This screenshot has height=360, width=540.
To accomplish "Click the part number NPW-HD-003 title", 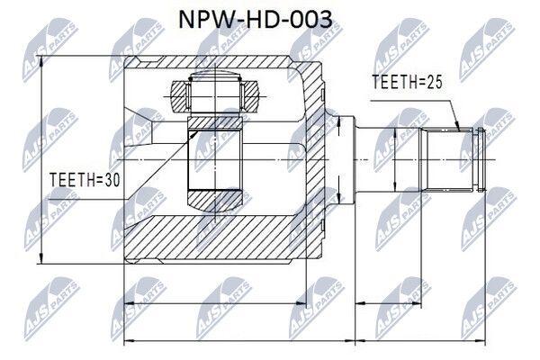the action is coord(256,19).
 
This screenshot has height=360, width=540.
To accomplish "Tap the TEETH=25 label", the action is coord(407,82).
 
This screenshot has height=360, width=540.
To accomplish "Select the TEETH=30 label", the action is coord(85,180).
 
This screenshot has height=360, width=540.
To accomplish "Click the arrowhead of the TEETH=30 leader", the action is coord(194,134).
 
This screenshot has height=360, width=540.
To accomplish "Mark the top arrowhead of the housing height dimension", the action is coord(41,61).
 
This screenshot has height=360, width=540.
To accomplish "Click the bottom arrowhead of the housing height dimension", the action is coord(41,258).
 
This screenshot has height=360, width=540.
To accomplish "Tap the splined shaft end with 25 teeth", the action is coord(448,160).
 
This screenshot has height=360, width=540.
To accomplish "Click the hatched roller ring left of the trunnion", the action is coord(179,95).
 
